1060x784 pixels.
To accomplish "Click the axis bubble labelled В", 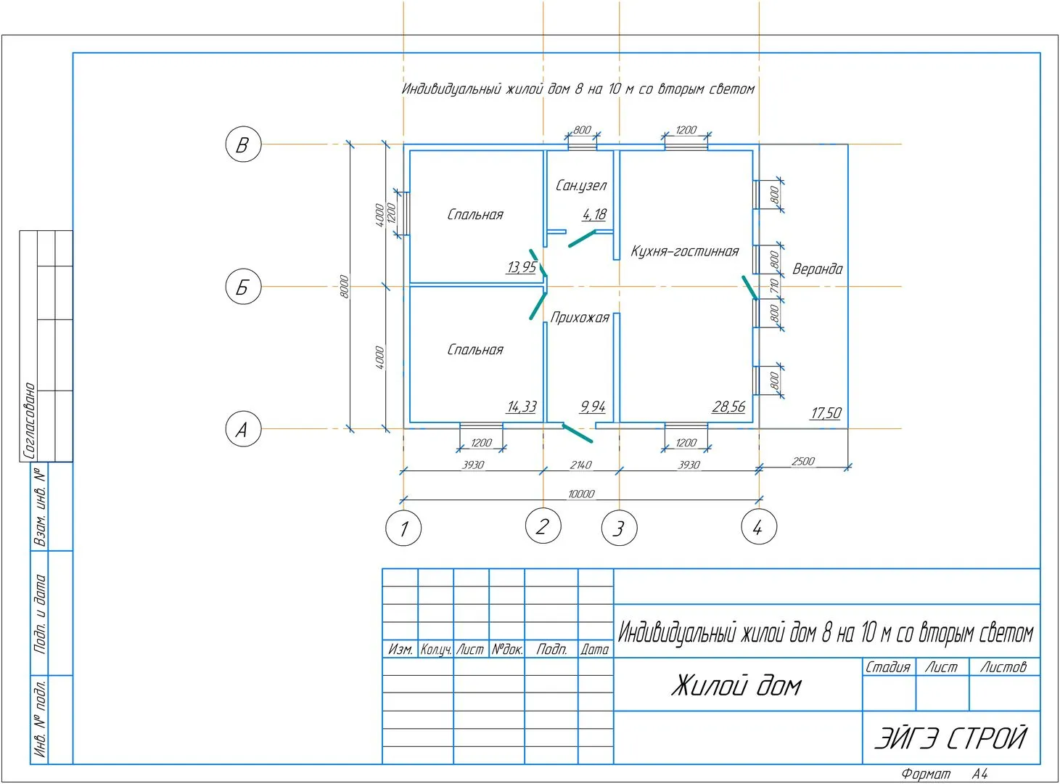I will (243, 144).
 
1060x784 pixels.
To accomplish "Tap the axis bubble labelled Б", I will (243, 287).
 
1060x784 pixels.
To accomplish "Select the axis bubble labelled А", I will (243, 429).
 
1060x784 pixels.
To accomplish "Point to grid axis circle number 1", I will (403, 528).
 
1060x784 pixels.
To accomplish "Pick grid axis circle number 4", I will (759, 526).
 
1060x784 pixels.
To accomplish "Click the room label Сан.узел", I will (580, 186).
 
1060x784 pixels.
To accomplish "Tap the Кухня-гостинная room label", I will (684, 251).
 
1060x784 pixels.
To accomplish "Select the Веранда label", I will (817, 269).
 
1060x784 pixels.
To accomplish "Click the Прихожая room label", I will (580, 317).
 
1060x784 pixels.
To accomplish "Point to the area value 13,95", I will (522, 267).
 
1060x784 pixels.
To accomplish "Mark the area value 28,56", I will (728, 407).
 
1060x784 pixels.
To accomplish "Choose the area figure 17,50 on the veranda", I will (826, 413).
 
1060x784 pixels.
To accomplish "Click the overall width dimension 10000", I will (580, 494).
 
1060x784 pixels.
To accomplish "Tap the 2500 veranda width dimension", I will (803, 461).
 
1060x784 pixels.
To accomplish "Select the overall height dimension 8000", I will (345, 286).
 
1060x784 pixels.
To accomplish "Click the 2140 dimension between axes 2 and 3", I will (580, 465).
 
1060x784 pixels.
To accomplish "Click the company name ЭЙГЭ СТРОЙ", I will (950, 738).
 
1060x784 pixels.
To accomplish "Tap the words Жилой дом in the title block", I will (736, 685).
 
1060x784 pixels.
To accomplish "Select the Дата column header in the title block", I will (595, 650).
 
